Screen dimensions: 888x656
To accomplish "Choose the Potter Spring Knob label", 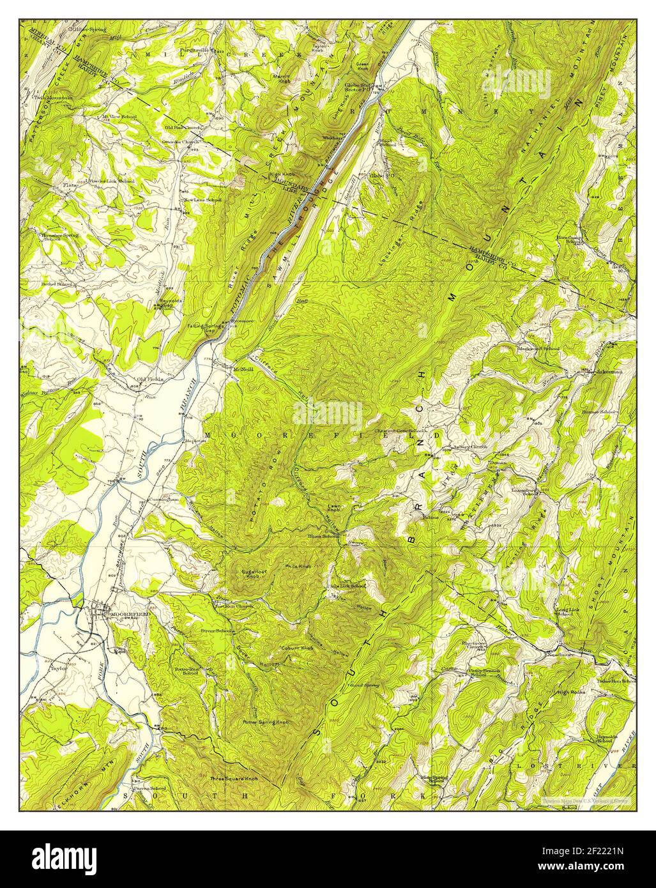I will click(265, 722).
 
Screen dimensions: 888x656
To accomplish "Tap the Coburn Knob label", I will click(296, 648).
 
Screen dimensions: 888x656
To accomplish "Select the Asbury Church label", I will click(470, 447).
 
